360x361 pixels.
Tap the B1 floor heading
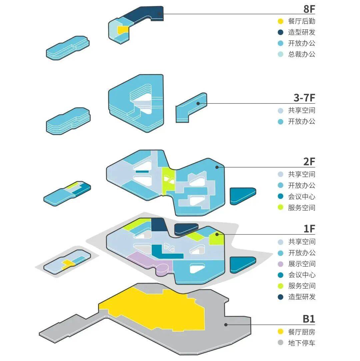point(309,319)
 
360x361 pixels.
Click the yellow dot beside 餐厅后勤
point(281,21)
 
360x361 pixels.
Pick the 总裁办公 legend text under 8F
point(302,54)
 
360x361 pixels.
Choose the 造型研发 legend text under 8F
point(302,32)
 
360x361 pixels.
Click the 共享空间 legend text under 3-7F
point(302,110)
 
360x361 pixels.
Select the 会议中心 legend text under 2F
point(302,197)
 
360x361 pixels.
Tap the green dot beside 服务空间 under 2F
point(281,208)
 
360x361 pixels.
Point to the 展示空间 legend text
point(302,264)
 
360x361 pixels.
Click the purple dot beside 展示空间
point(281,264)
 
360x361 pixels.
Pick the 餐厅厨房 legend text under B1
point(302,332)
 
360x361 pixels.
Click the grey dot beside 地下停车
point(281,343)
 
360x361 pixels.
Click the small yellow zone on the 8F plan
point(123,30)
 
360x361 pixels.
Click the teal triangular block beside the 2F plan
point(242,195)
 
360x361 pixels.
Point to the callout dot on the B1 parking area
point(226,324)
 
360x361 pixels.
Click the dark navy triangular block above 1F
point(185,229)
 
